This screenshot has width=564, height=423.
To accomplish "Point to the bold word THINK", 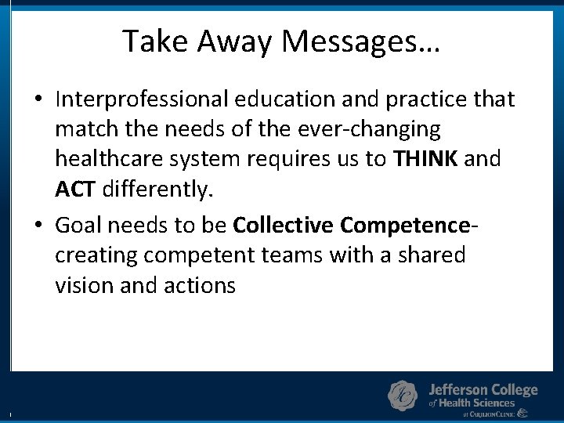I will tap(426, 159).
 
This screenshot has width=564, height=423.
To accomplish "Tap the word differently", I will tap(157, 189).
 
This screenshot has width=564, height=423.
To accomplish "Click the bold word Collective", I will tap(284, 226).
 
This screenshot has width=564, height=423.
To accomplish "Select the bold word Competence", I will tap(405, 226).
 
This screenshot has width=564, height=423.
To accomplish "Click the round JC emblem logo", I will tap(403, 396).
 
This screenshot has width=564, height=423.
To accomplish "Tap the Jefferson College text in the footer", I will tap(483, 389).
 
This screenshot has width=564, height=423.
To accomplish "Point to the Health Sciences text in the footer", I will tap(476, 403).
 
